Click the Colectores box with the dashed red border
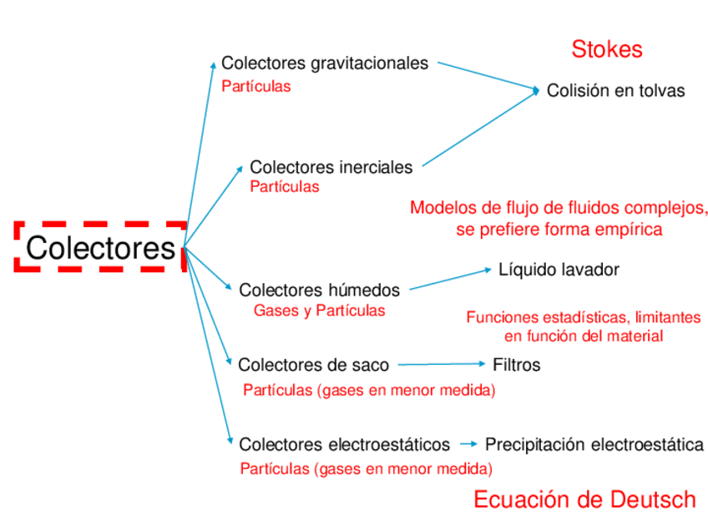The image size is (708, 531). pyautogui.click(x=100, y=247)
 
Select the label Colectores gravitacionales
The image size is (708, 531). pyautogui.click(x=325, y=63)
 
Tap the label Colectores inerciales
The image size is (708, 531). pyautogui.click(x=331, y=167)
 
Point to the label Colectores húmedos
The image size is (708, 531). pyautogui.click(x=319, y=290)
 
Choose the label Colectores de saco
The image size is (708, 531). pyautogui.click(x=313, y=364)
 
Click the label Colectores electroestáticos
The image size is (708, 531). pyautogui.click(x=344, y=444)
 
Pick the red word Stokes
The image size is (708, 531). pyautogui.click(x=607, y=49)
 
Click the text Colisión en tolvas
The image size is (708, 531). pyautogui.click(x=615, y=91)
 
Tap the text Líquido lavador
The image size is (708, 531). pyautogui.click(x=559, y=270)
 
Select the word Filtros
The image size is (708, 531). pyautogui.click(x=516, y=365)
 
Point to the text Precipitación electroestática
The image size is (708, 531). pyautogui.click(x=594, y=444)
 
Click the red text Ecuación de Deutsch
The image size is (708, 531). pyautogui.click(x=584, y=499)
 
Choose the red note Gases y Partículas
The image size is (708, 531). pyautogui.click(x=319, y=311)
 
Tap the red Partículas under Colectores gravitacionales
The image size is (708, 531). pyautogui.click(x=256, y=86)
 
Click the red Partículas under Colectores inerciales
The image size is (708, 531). pyautogui.click(x=284, y=187)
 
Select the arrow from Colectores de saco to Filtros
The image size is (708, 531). pyautogui.click(x=441, y=364)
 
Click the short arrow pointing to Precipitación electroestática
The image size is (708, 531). pyautogui.click(x=468, y=444)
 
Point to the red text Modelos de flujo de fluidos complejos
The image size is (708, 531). pyautogui.click(x=559, y=208)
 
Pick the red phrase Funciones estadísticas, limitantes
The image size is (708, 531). pyautogui.click(x=583, y=317)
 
